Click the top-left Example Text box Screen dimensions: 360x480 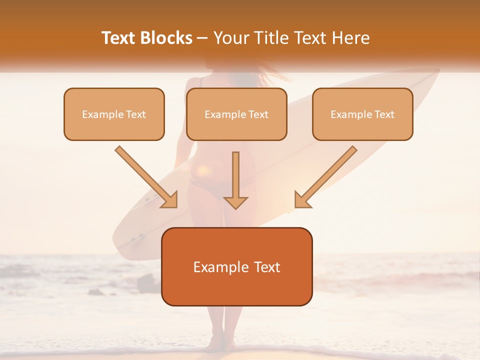tap(114, 114)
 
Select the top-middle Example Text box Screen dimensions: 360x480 tap(236, 114)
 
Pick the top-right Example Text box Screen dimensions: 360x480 tap(362, 114)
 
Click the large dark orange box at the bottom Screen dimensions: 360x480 tap(236, 266)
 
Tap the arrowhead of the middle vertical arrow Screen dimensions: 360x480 tap(235, 201)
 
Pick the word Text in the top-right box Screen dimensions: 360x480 tap(384, 114)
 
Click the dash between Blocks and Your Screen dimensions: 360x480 tap(202, 38)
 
